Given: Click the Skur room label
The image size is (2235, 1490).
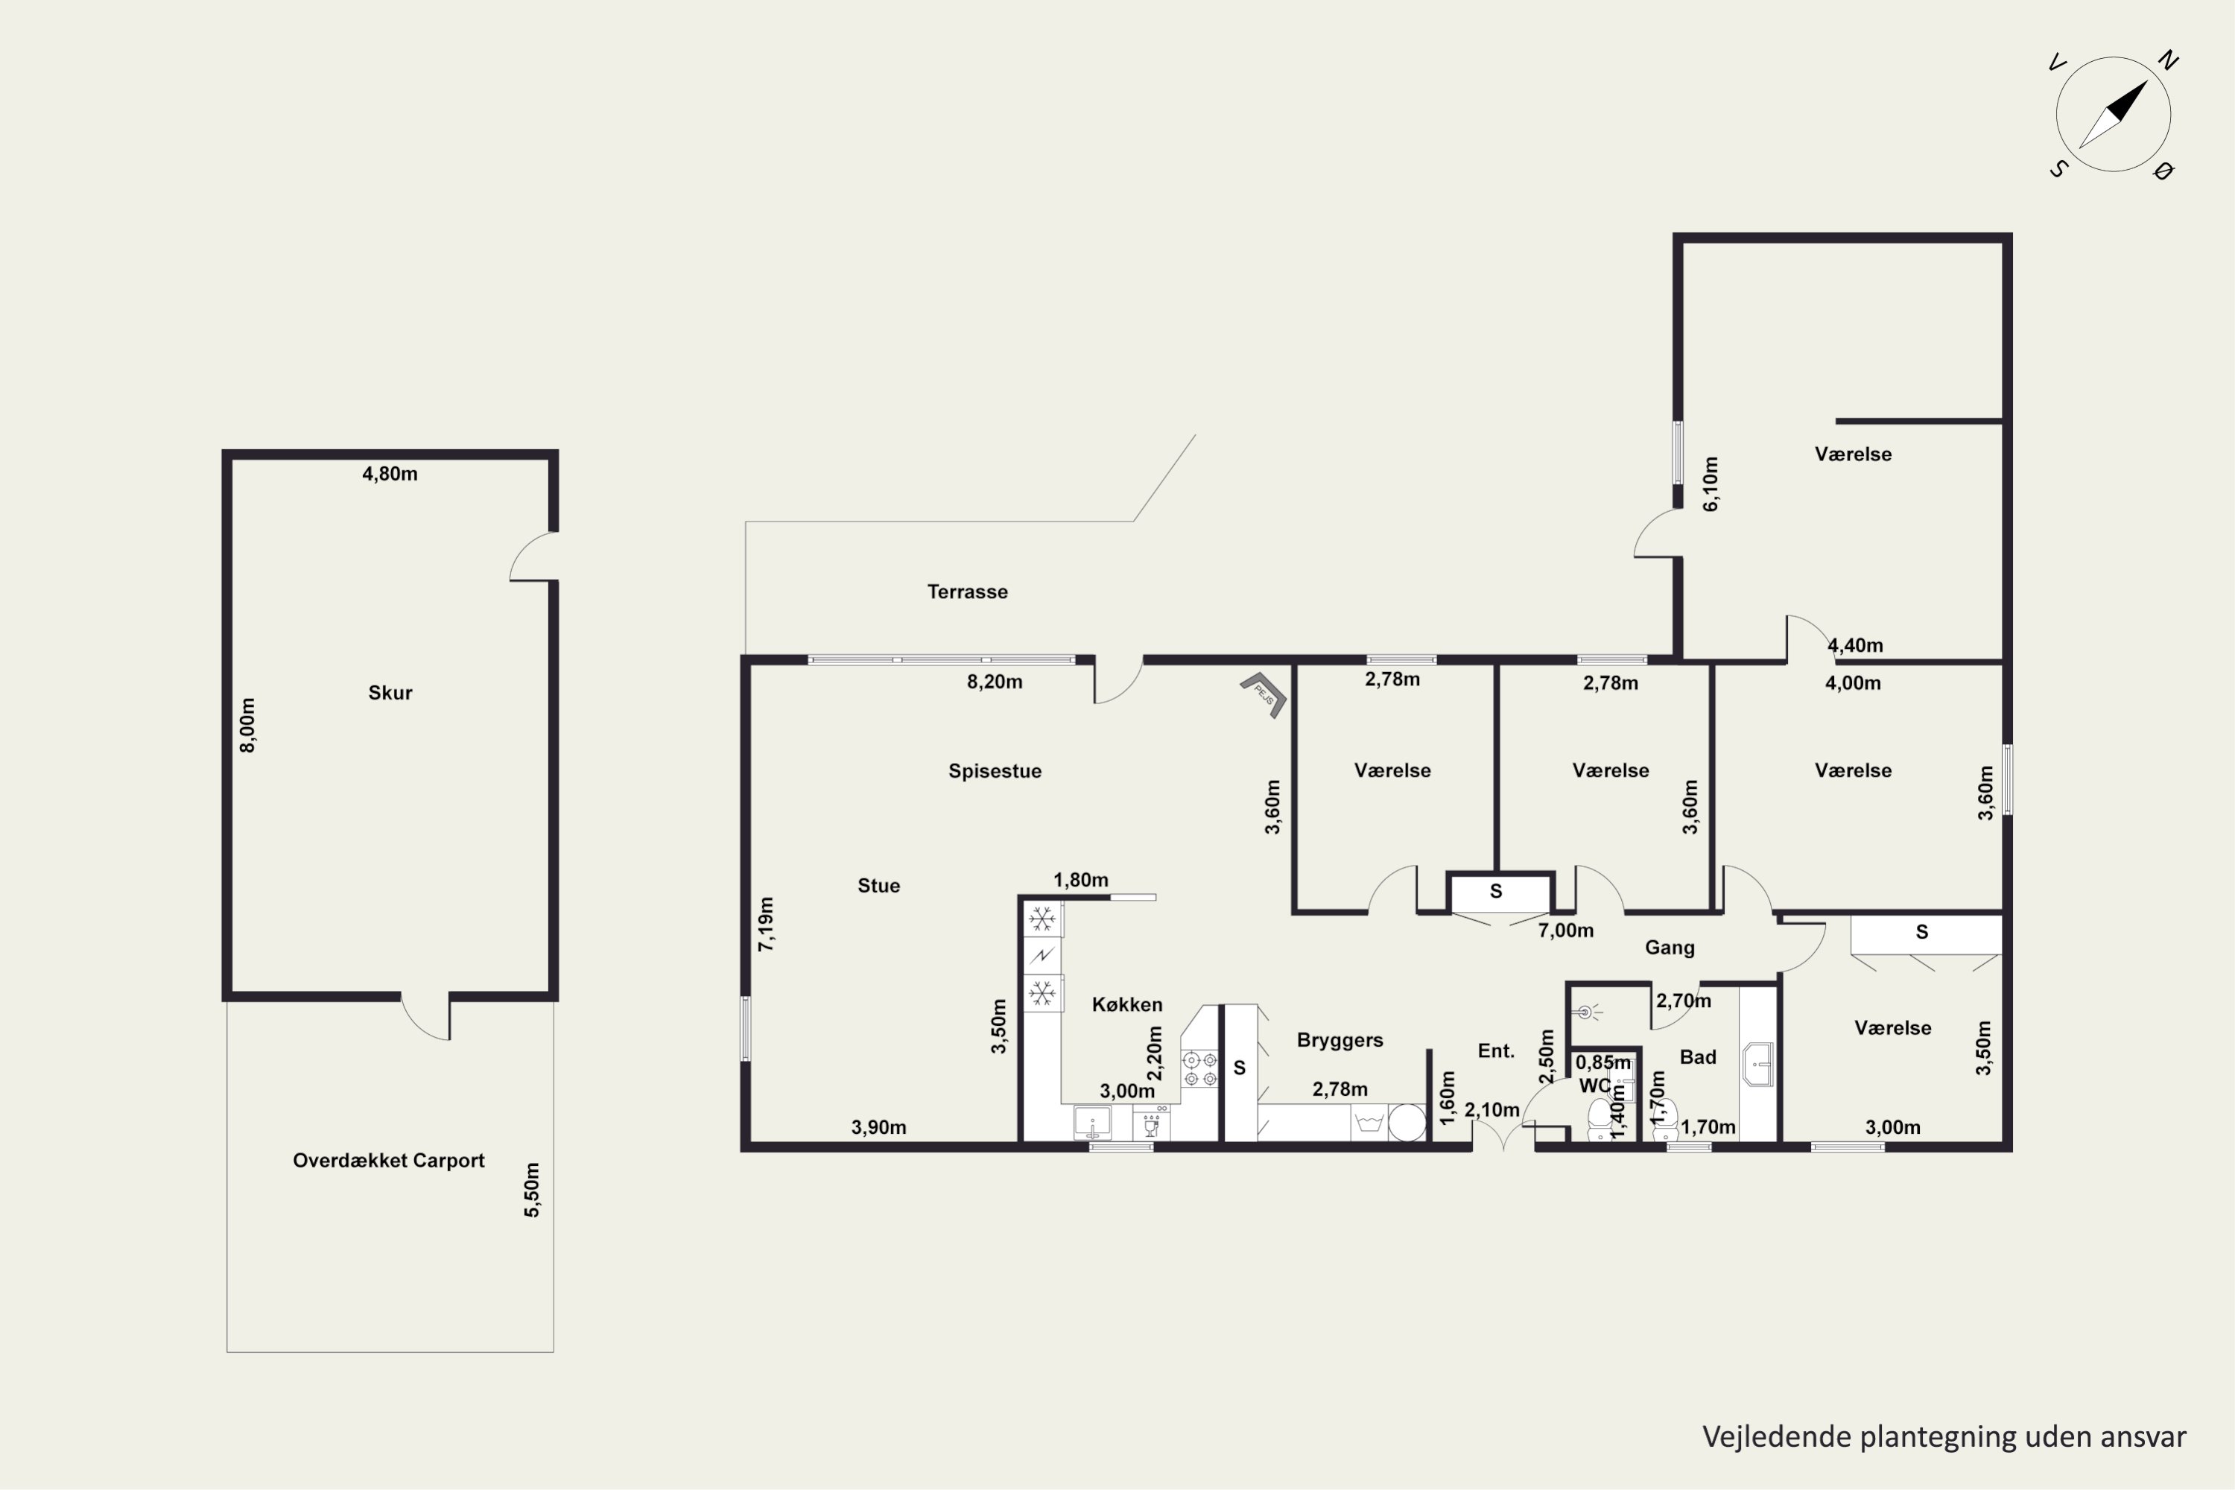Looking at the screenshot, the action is pos(390,693).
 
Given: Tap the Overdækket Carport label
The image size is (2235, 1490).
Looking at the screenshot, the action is pos(389,1160).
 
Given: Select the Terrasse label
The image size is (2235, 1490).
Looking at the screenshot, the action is pos(967,592).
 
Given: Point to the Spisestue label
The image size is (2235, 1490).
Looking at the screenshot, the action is pos(995,770).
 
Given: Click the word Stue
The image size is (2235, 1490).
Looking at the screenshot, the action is pos(879,886).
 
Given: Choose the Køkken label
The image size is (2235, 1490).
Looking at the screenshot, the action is pos(1127,1004).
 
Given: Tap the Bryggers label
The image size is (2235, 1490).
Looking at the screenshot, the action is pos(1340,1041).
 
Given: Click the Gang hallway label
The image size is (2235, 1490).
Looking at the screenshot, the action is pos(1670,948).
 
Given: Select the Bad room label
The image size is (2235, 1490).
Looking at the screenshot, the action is pos(1698,1056).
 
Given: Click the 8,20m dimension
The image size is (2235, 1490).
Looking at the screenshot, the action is pos(995,682).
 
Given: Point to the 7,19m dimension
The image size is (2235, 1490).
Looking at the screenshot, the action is pos(766,924).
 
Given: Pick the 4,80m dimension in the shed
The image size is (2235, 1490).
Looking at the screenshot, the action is pos(390,473).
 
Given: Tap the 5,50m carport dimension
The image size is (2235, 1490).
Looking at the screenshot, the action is pos(532,1190).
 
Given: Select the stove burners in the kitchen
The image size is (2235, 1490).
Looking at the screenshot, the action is pos(1200,1069).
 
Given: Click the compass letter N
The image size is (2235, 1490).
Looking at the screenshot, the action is pos(2167,61).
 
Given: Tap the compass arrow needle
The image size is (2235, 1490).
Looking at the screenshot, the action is pos(2114,114).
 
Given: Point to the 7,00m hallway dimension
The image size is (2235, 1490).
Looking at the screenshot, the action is pos(1566,931).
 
